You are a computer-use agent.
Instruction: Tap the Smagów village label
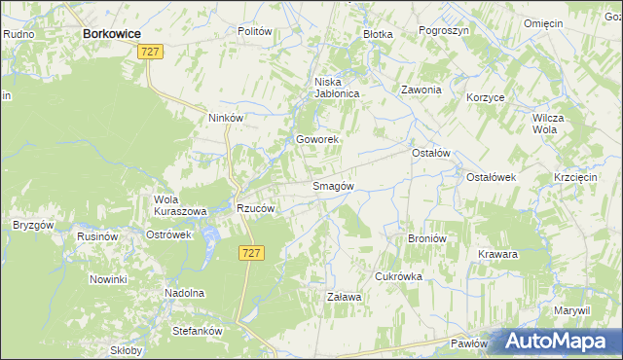click(332, 186)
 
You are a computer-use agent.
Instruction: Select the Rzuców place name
click(257, 208)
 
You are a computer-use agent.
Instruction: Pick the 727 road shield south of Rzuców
click(250, 252)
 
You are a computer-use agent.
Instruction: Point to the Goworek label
click(317, 140)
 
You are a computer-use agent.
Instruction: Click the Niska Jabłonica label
click(337, 88)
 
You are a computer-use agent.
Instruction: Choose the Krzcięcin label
click(574, 177)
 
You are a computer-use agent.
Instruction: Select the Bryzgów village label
click(32, 224)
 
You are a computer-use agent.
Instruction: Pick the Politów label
click(254, 31)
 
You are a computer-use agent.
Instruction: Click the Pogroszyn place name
click(443, 31)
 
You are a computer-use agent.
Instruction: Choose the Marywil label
click(572, 310)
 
